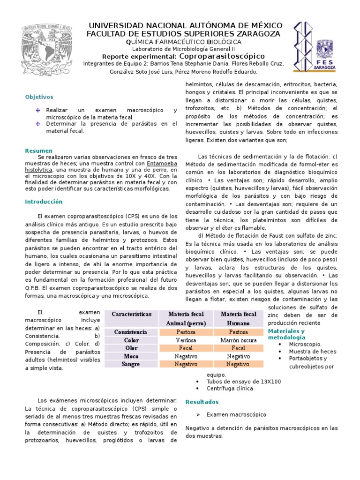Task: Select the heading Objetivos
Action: (x=39, y=97)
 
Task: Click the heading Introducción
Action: (x=43, y=202)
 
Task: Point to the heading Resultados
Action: (x=202, y=402)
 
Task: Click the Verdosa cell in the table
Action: (x=186, y=340)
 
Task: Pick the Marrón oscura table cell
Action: (x=238, y=340)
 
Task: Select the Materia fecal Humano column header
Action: (x=238, y=318)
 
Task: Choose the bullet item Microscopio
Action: (x=305, y=344)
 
